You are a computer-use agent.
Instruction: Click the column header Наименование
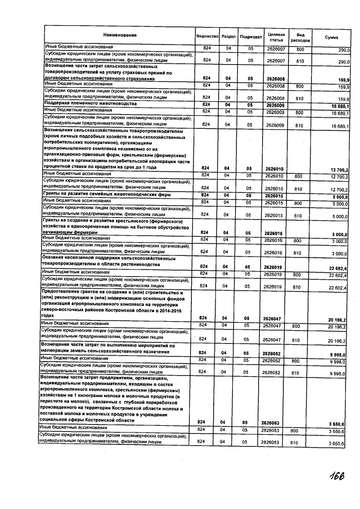pyautogui.click(x=120, y=36)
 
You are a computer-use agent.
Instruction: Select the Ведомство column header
pyautogui.click(x=207, y=36)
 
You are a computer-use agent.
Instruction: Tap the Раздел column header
pyautogui.click(x=229, y=36)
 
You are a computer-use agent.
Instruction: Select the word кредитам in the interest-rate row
pyautogui.click(x=113, y=168)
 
